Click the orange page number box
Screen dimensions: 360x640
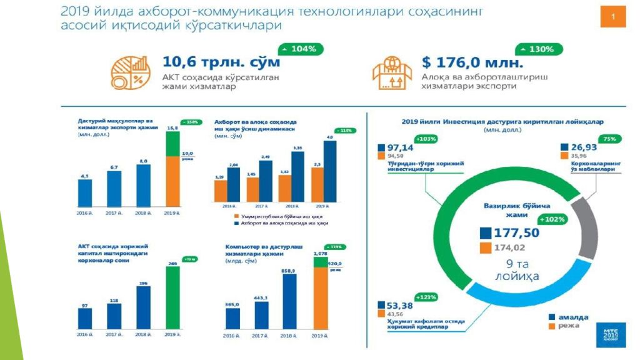(x=612, y=16)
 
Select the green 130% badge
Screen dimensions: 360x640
(x=538, y=49)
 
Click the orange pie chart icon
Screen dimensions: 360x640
(x=131, y=72)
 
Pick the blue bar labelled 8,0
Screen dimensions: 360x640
(x=144, y=186)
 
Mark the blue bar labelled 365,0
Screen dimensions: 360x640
(x=232, y=317)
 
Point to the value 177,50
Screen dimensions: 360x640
(x=516, y=233)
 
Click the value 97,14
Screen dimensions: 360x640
(x=400, y=146)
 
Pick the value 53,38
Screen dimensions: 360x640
(x=399, y=305)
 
